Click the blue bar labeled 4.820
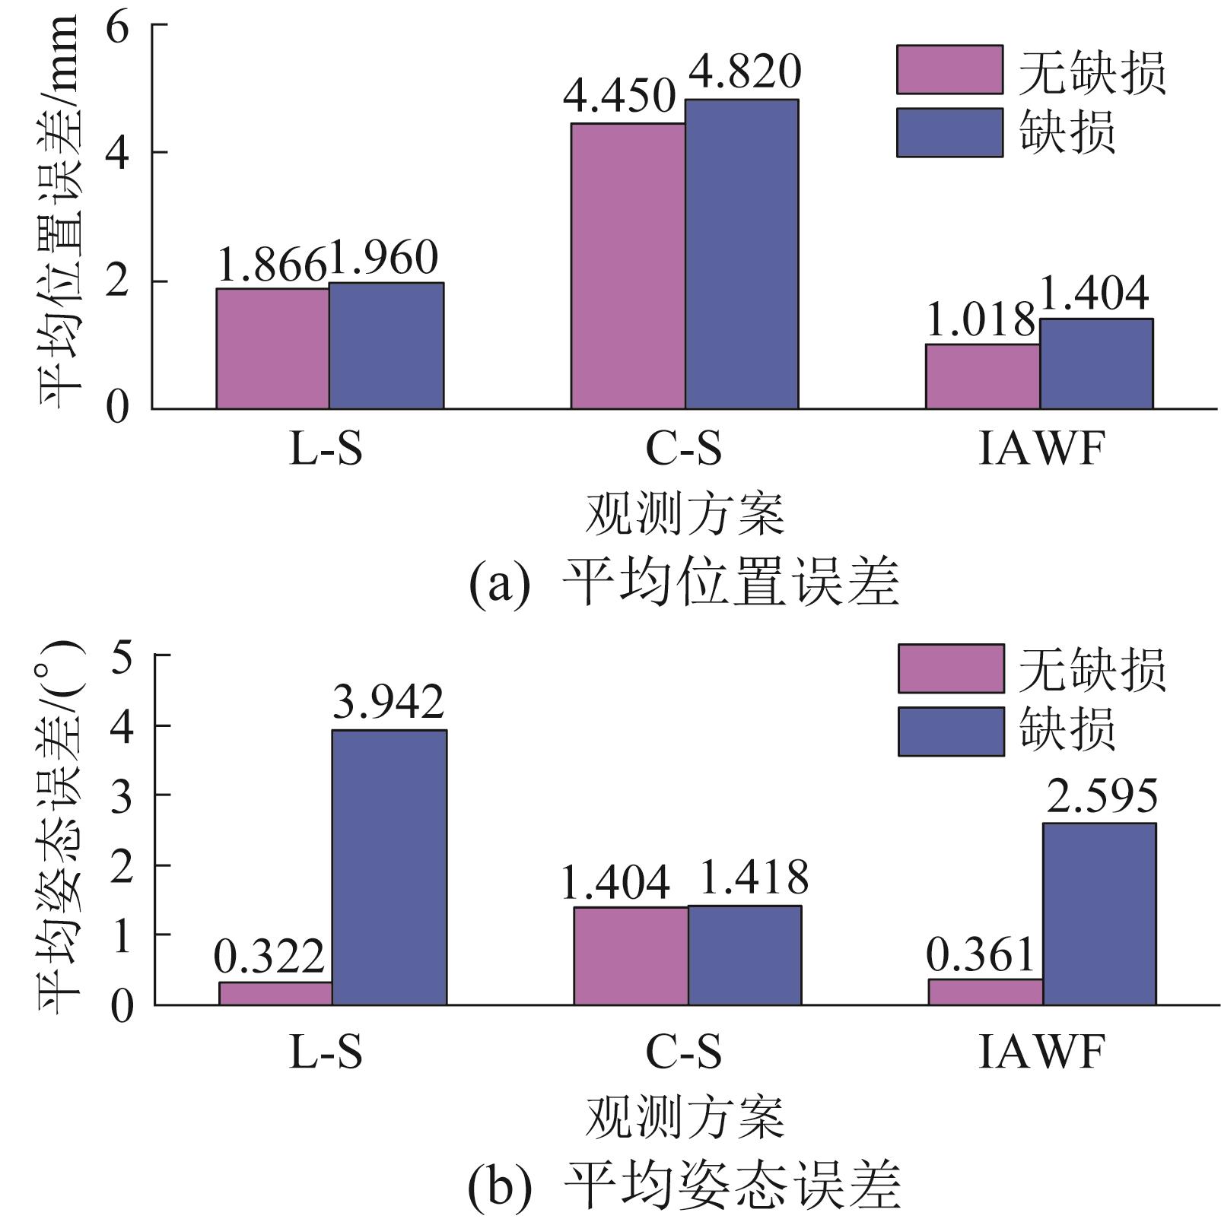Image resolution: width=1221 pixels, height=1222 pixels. pyautogui.click(x=742, y=254)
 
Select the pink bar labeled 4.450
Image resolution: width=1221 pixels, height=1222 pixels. pyautogui.click(x=628, y=266)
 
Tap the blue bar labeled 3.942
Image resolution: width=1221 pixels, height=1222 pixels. pyautogui.click(x=390, y=867)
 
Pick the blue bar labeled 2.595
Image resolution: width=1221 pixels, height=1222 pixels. pyautogui.click(x=1099, y=913)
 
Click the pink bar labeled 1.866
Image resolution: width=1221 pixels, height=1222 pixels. pyautogui.click(x=272, y=348)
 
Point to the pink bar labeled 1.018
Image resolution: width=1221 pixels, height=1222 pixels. pyautogui.click(x=982, y=376)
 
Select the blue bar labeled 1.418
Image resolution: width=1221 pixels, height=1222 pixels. pyautogui.click(x=745, y=955)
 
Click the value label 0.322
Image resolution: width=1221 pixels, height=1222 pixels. pyautogui.click(x=269, y=957)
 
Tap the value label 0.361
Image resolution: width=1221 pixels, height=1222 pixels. pyautogui.click(x=981, y=954)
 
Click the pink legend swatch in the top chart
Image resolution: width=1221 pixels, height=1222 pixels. pyautogui.click(x=949, y=70)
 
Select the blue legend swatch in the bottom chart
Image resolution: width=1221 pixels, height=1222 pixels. pyautogui.click(x=951, y=732)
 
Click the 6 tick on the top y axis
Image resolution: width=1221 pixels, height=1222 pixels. pyautogui.click(x=117, y=27)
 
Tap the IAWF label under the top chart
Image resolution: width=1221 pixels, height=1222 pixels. pyautogui.click(x=1040, y=449)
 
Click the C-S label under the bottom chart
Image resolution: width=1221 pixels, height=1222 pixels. pyautogui.click(x=683, y=1052)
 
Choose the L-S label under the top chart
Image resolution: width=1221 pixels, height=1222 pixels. pyautogui.click(x=326, y=449)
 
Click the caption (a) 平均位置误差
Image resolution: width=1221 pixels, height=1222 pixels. pyautogui.click(x=683, y=584)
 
